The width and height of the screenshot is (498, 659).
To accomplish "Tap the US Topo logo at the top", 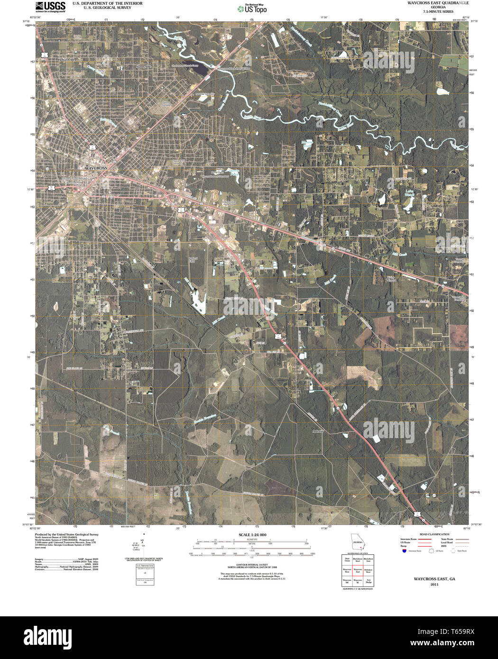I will (252, 8).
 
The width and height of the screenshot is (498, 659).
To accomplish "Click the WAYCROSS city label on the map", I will (96, 168).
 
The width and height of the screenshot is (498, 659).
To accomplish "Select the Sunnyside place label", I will (143, 67).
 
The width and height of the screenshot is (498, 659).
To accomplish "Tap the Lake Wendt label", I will (410, 194).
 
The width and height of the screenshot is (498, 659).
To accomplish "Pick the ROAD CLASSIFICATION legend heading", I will (431, 534).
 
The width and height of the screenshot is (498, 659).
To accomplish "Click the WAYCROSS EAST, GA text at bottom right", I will (431, 579).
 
